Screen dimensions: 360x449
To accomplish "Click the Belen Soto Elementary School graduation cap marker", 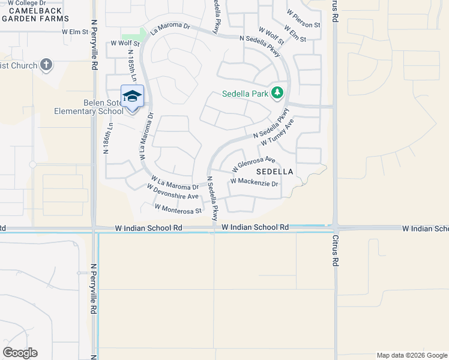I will pyautogui.click(x=132, y=96).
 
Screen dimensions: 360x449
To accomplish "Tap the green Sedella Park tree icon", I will pyautogui.click(x=277, y=92).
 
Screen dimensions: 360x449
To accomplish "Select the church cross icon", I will pyautogui.click(x=47, y=65).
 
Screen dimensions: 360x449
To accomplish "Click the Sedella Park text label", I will pyautogui.click(x=245, y=94).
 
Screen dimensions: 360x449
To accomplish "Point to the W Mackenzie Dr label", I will pyautogui.click(x=255, y=181).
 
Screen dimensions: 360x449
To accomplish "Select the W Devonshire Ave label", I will pyautogui.click(x=173, y=191).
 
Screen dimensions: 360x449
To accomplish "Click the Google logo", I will pyautogui.click(x=20, y=353).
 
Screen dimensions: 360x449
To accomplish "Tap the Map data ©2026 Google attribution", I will pyautogui.click(x=411, y=355).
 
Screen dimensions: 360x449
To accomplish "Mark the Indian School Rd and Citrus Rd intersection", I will pyautogui.click(x=335, y=229).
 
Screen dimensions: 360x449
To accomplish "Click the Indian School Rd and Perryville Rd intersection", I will pyautogui.click(x=94, y=229).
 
